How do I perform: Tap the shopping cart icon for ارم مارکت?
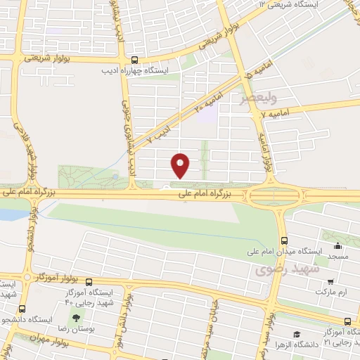coord(328,281)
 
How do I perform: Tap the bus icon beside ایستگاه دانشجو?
coord(21,309)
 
